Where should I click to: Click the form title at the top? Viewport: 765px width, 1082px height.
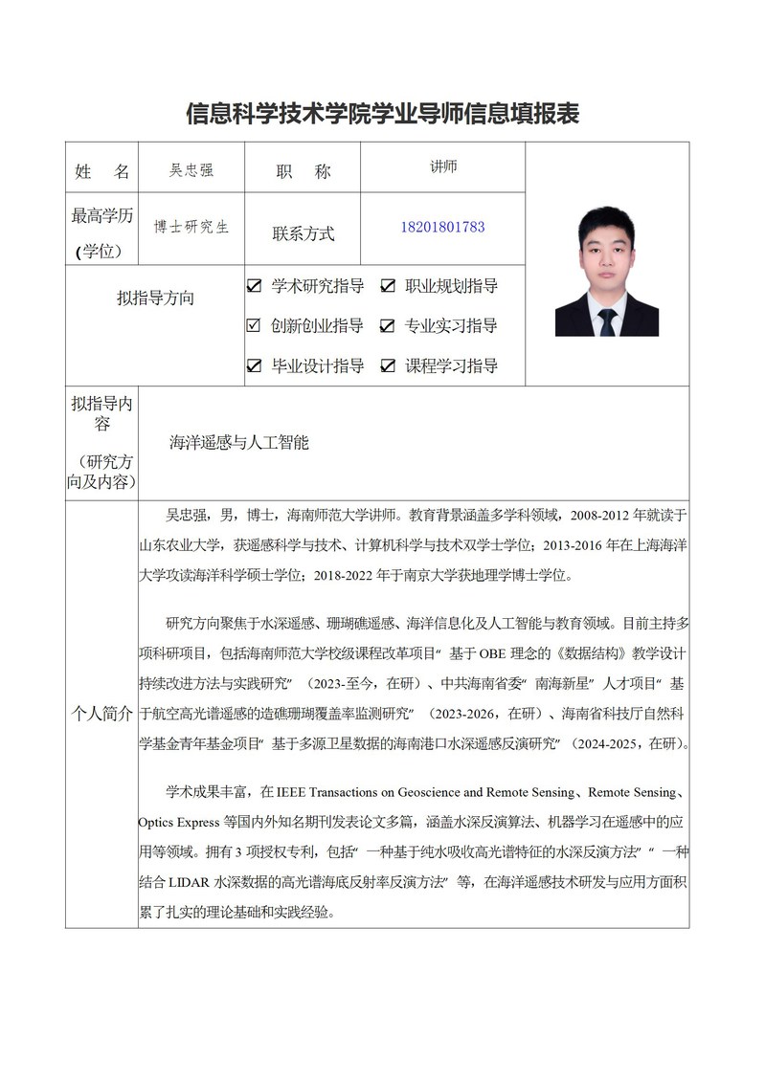pos(382,114)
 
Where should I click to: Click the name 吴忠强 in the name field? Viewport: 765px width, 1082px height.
pos(191,170)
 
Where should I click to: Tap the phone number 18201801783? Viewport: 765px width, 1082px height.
pos(442,228)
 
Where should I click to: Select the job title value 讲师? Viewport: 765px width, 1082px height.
pos(443,166)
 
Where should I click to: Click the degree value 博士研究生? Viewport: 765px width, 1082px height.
pos(191,228)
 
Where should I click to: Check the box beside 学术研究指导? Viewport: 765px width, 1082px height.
pos(254,286)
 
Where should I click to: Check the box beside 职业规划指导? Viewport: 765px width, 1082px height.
pos(388,286)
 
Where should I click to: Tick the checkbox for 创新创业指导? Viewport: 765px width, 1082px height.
pos(254,326)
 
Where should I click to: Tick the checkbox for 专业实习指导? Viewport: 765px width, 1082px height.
pos(388,326)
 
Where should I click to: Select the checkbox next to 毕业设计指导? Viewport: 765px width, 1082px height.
pos(254,365)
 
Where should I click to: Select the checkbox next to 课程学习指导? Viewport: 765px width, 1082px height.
pos(388,365)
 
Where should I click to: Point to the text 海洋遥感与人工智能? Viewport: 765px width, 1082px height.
pos(238,443)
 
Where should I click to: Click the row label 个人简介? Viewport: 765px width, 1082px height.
pos(101,716)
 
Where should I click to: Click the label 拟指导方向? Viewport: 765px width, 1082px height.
pos(155,298)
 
